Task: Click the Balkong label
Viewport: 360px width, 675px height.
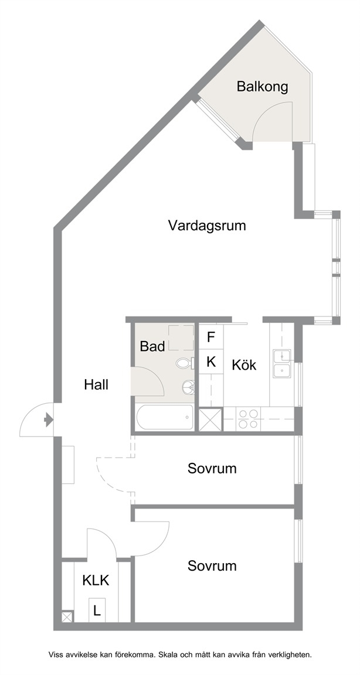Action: pos(262,87)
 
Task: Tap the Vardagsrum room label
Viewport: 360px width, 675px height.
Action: pos(207,225)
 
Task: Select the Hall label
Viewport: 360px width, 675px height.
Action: pos(96,384)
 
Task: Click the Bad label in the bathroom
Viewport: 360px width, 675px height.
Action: pos(152,346)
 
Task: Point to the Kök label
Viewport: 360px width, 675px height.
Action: pos(244,365)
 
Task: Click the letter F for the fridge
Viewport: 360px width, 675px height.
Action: pos(211,337)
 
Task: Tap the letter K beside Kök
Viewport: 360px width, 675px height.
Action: pos(211,362)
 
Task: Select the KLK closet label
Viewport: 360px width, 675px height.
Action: pos(96,580)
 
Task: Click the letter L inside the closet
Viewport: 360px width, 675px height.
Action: pos(97,611)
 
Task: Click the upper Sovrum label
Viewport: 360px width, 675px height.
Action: pos(212,468)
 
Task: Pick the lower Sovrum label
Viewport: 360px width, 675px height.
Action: pos(212,565)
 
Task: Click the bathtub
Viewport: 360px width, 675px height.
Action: pos(165,417)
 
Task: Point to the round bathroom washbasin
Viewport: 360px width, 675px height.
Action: pos(188,387)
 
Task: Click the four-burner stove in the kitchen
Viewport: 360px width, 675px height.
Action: pos(249,419)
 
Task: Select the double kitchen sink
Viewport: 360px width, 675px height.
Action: pos(281,363)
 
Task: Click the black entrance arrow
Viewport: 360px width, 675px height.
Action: pos(49,419)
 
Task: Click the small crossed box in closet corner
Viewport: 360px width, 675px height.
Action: pos(67,617)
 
